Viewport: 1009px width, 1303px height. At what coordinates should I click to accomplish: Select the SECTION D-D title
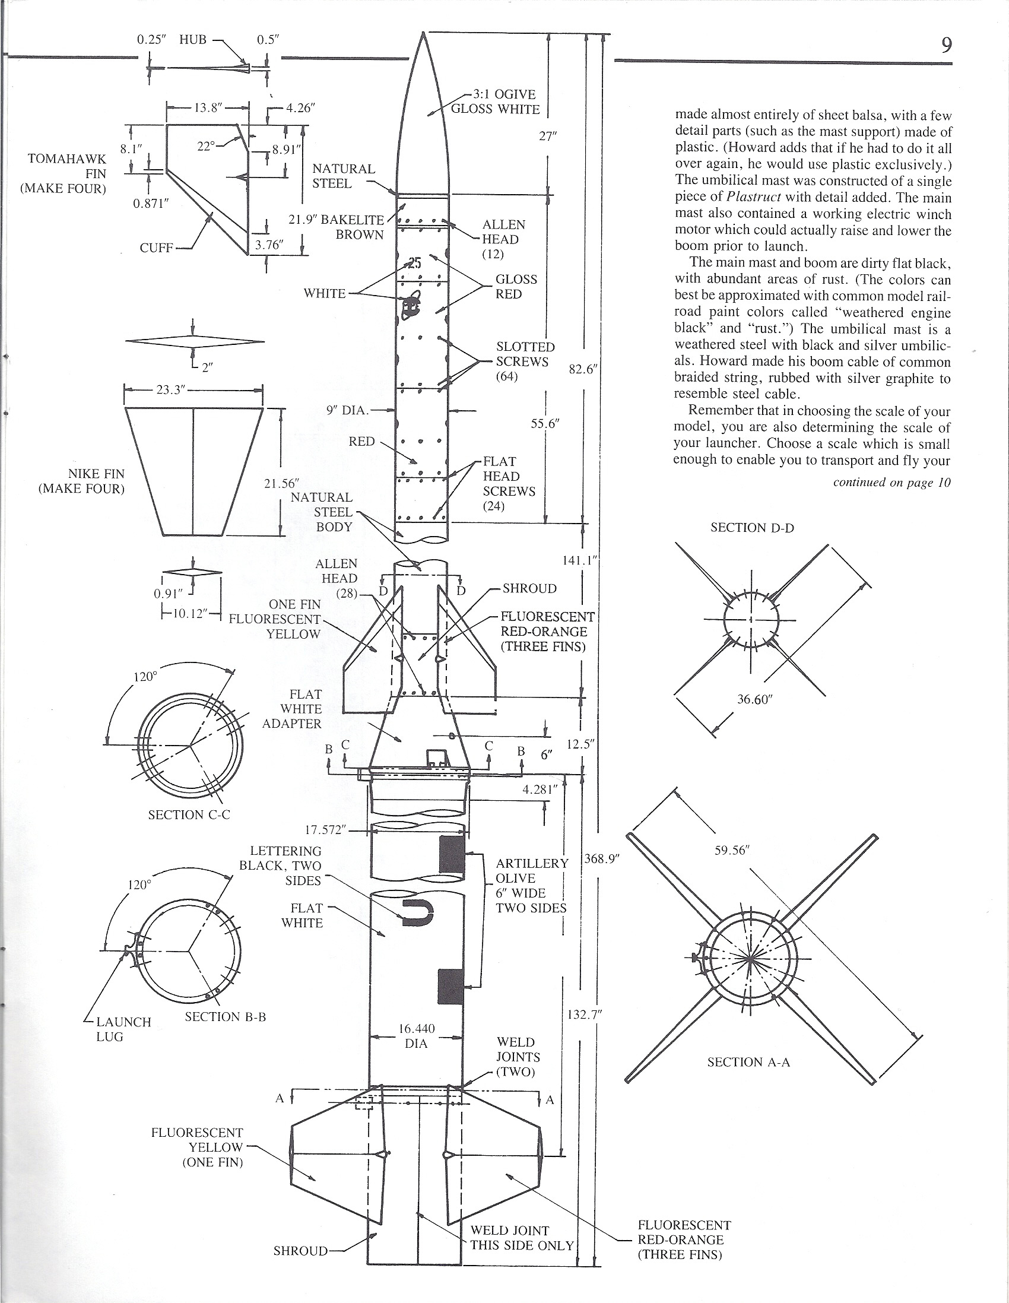(752, 527)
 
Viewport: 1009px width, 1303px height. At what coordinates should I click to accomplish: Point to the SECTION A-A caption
(748, 1062)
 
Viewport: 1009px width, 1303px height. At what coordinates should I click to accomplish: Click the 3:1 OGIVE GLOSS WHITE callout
(494, 102)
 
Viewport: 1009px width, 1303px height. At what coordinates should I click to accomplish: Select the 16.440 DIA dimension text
(417, 1036)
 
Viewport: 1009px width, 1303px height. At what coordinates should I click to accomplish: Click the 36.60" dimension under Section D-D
(754, 699)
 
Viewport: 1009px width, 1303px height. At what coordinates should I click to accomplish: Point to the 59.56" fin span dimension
(732, 850)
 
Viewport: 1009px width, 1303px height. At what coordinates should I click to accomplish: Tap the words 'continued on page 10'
(891, 483)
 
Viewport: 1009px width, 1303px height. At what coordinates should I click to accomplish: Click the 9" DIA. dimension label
(348, 410)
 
